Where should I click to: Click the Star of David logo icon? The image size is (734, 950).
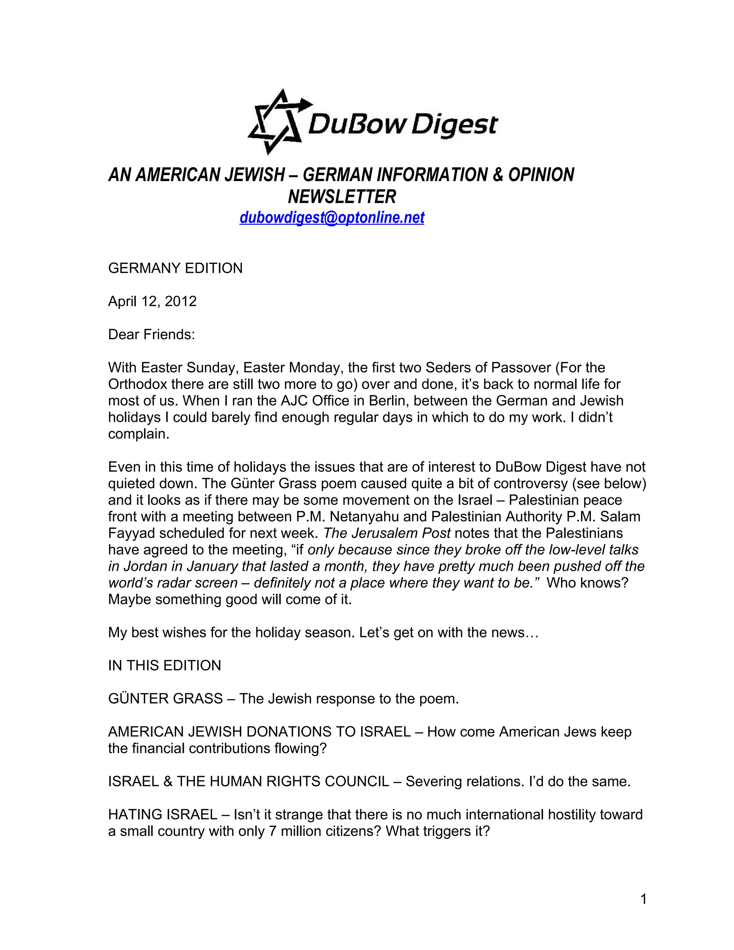(x=278, y=122)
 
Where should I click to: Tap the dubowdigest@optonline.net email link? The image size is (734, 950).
(x=332, y=218)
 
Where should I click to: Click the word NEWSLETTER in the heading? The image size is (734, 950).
(x=342, y=196)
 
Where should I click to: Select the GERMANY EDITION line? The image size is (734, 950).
(x=175, y=269)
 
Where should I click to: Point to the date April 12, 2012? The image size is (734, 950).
(x=152, y=301)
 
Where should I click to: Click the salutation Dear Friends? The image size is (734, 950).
(x=151, y=334)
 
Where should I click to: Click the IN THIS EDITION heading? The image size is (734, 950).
(x=165, y=665)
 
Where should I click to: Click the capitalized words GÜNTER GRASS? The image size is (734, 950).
(x=165, y=699)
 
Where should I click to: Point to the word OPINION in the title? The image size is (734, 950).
(x=542, y=175)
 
